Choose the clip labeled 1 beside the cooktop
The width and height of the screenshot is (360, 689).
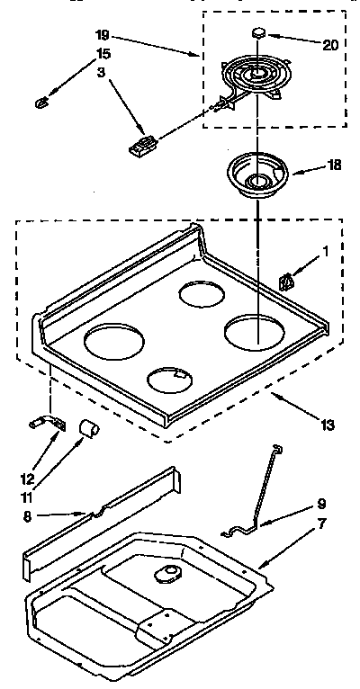(287, 282)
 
